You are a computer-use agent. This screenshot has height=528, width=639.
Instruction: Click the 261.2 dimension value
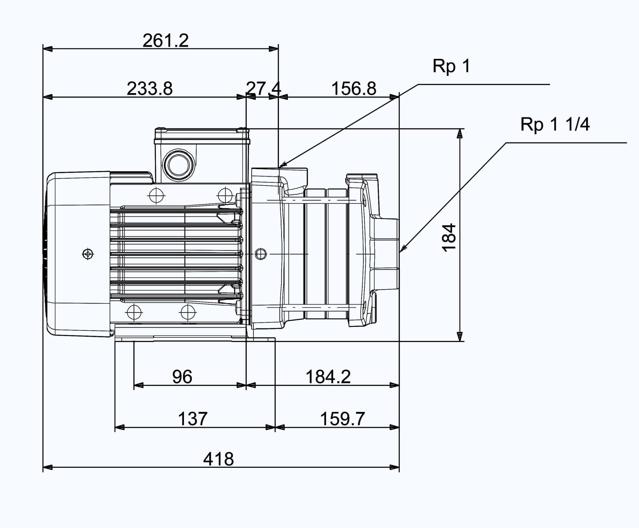(165, 41)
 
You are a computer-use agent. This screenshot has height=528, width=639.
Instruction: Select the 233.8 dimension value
(150, 89)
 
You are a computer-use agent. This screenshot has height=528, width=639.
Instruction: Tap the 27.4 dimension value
(264, 89)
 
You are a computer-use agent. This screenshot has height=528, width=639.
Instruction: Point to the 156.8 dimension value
(354, 89)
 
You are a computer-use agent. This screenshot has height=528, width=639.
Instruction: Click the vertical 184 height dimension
(449, 238)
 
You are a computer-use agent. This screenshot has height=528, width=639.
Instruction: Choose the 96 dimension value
(182, 377)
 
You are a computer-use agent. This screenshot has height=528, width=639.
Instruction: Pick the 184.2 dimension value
(328, 377)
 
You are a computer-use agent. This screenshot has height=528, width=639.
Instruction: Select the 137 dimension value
(193, 419)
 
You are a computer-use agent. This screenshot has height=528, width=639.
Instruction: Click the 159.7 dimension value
(342, 419)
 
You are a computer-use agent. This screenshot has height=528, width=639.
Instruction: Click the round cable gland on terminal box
(179, 165)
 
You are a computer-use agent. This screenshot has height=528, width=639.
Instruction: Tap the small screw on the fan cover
(88, 254)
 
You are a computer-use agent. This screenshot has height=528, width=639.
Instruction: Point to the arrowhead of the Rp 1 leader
(283, 164)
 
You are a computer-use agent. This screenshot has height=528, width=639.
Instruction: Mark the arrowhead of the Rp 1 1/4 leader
(403, 249)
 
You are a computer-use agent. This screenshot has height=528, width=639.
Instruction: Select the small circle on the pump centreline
(261, 254)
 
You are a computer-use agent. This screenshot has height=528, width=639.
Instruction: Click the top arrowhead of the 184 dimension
(460, 133)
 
